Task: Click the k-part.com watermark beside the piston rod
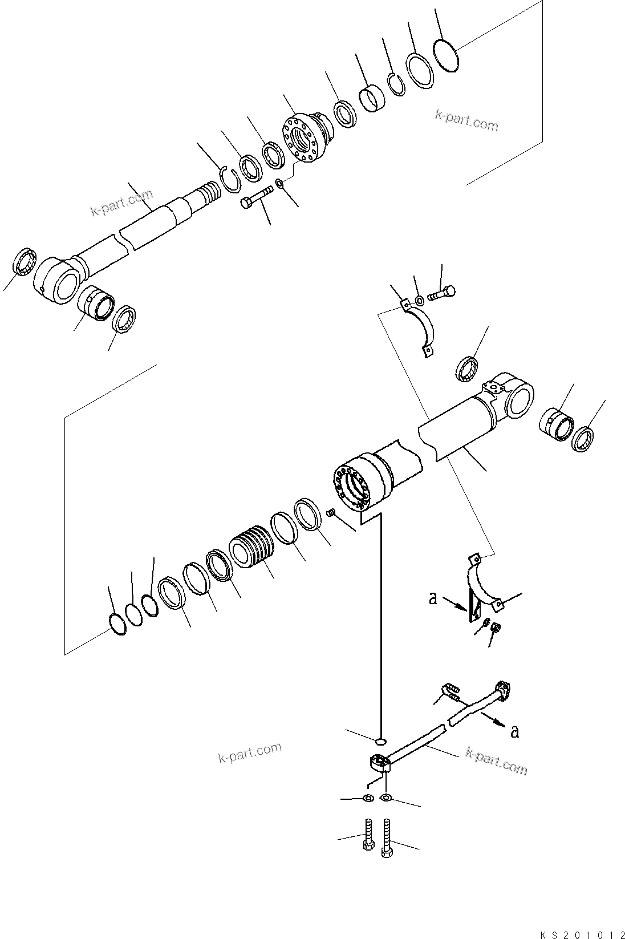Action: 122,204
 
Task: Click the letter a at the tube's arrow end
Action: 515,732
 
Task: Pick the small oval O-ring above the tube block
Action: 380,741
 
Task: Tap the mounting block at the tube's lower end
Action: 379,762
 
